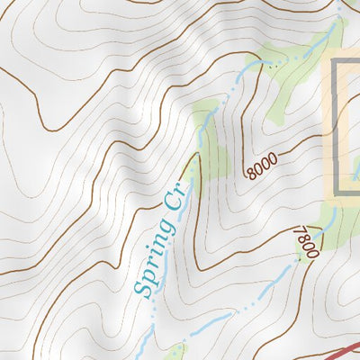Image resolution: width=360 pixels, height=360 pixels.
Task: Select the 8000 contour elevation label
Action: (262, 166)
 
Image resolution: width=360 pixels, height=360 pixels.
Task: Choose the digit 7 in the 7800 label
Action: (298, 230)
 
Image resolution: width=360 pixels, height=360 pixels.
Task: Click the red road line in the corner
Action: (342, 349)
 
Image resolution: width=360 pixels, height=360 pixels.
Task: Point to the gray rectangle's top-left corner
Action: (337, 62)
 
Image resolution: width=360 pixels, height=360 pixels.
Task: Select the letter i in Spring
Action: (157, 252)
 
